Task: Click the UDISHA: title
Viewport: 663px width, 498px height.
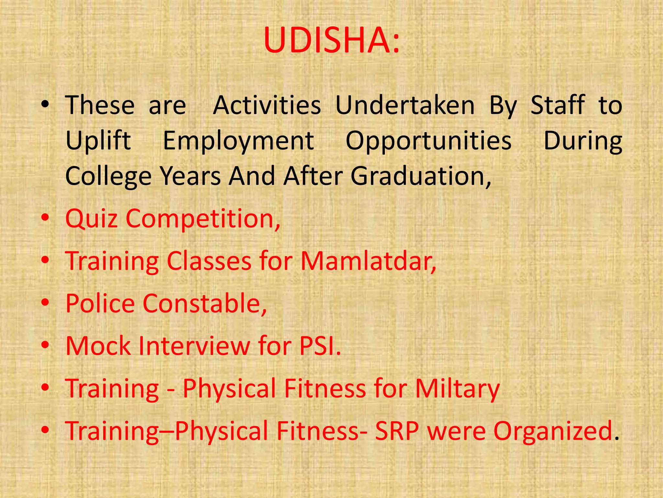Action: point(331,41)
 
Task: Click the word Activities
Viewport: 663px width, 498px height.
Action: point(267,105)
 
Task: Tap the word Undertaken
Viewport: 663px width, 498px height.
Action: point(405,105)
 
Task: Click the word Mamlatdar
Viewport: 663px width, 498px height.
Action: point(368,261)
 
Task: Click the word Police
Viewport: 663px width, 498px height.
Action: point(100,304)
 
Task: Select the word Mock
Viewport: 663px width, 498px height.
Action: point(98,346)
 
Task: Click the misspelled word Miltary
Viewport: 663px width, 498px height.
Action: point(457,389)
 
